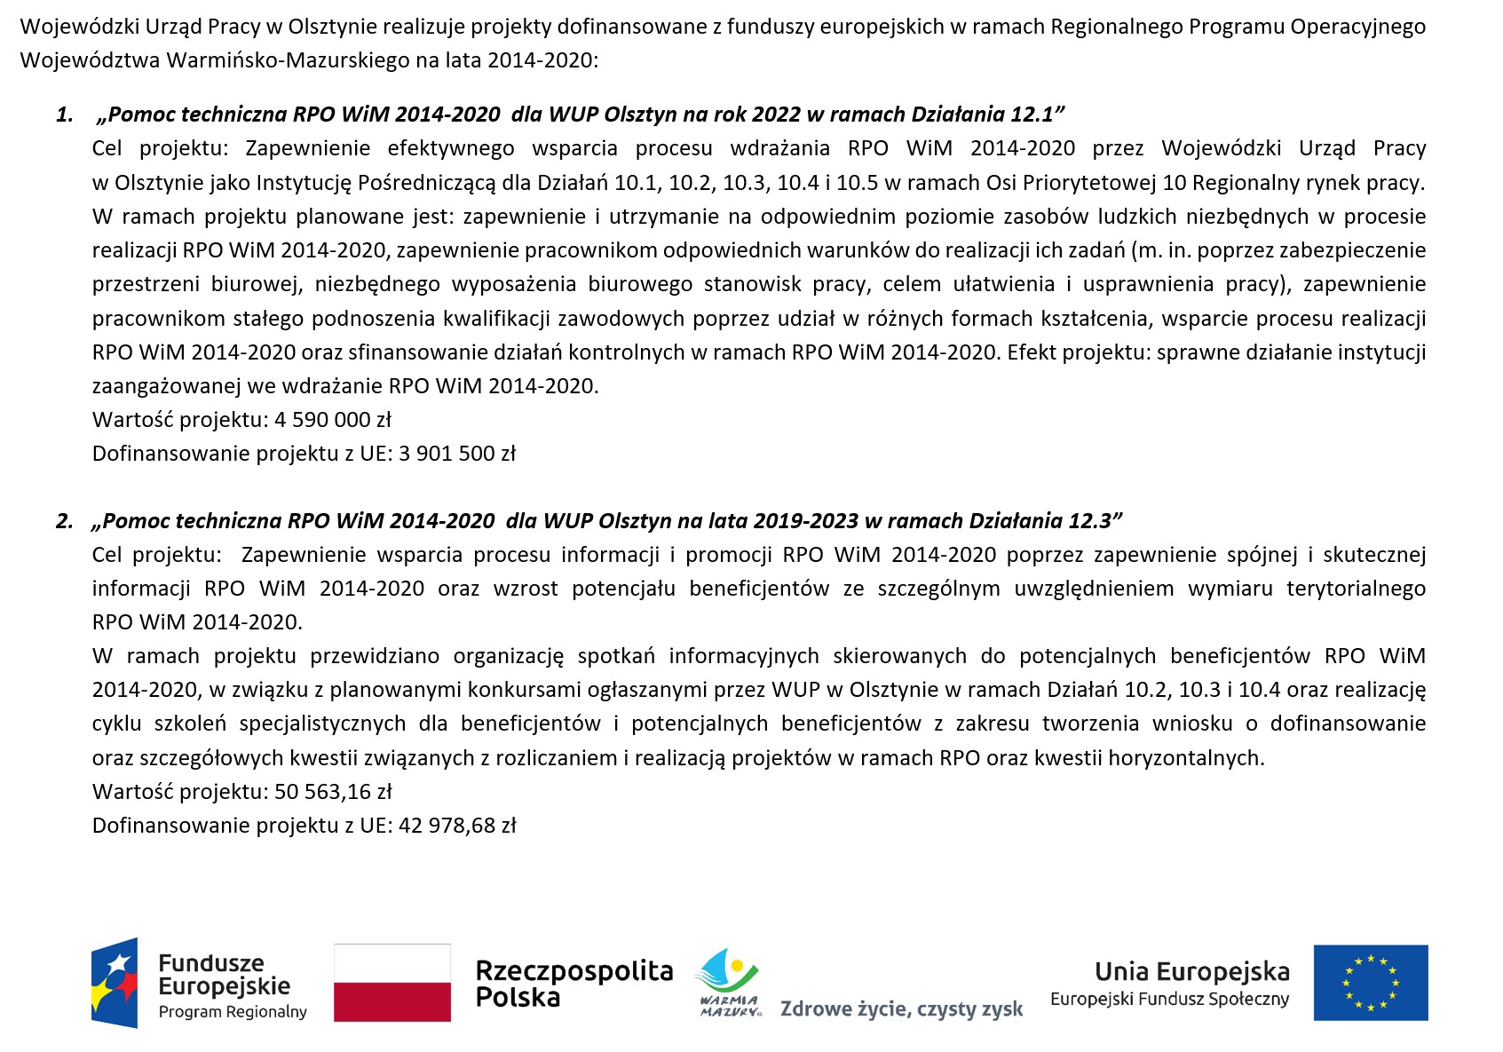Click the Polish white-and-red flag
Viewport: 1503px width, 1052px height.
click(392, 982)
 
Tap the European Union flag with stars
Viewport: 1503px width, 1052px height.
click(1371, 982)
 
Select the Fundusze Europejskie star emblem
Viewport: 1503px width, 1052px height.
click(115, 983)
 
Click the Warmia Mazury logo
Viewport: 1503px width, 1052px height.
click(728, 982)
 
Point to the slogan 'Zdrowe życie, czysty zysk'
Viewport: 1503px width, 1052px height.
click(901, 1009)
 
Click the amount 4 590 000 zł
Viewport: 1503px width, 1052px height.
click(333, 420)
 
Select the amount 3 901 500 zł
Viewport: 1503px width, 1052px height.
click(457, 454)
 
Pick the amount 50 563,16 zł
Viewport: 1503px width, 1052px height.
click(333, 792)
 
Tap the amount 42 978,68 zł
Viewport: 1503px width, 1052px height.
click(457, 826)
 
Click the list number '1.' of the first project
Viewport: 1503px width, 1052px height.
click(65, 115)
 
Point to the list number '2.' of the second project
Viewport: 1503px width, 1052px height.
click(65, 521)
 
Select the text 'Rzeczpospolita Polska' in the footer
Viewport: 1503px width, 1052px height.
click(574, 984)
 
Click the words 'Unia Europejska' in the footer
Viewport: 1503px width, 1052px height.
click(1191, 971)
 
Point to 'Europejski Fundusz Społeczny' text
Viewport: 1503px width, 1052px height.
click(1169, 1000)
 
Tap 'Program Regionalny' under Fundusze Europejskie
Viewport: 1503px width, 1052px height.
click(233, 1012)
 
